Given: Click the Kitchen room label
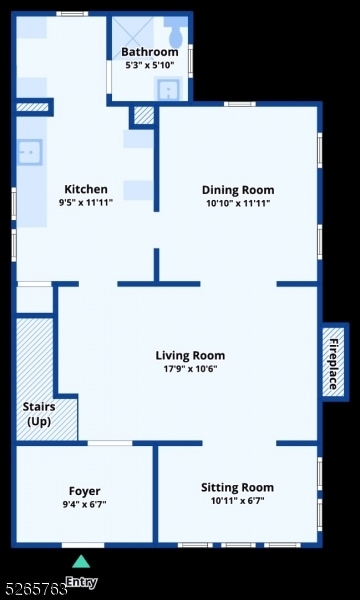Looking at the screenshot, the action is (86, 189).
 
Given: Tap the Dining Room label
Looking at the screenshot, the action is (238, 190).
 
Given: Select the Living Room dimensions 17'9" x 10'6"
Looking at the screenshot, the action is (190, 369).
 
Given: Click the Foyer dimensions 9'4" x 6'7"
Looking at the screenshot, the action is (85, 504).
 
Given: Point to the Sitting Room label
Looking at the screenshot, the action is (238, 488).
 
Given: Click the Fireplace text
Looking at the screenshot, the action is (334, 364).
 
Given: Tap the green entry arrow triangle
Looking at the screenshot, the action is (81, 561).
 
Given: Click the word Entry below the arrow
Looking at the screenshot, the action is (82, 582).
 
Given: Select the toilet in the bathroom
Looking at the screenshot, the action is (175, 32).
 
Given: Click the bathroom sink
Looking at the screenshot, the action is (168, 89).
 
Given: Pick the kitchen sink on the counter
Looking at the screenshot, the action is (30, 152).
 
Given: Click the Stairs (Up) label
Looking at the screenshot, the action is (39, 414).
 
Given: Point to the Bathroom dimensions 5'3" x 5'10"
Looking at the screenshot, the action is (150, 65).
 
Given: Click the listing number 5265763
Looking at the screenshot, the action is (33, 590).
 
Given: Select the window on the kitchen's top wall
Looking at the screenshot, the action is (72, 14).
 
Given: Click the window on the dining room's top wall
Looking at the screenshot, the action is (240, 104).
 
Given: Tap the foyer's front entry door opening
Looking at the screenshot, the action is (83, 545).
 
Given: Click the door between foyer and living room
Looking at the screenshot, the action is (110, 443).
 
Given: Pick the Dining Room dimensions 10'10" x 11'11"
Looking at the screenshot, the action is (238, 203).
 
